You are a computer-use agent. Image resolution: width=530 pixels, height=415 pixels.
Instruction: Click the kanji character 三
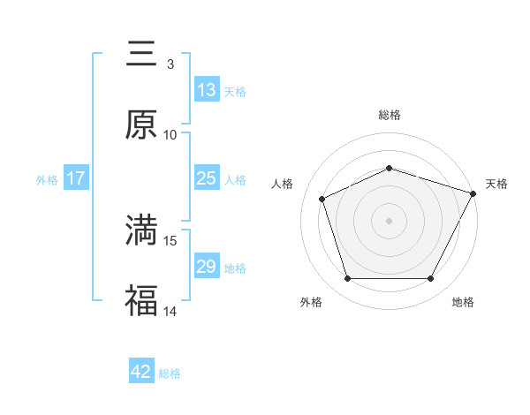point(141,54)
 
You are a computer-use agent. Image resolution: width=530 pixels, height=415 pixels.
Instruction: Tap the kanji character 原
point(141,124)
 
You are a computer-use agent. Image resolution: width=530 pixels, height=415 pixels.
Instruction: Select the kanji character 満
point(141,230)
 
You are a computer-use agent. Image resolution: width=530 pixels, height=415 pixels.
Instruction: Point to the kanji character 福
point(141,300)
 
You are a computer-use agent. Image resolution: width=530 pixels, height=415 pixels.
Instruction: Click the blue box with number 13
point(207,90)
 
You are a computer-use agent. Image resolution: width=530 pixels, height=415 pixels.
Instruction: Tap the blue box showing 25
point(207,178)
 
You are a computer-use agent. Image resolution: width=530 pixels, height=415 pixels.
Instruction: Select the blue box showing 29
point(207,267)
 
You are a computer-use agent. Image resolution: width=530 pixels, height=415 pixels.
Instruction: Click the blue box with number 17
point(76,178)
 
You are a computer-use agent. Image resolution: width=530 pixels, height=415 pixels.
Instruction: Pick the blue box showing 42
point(141,372)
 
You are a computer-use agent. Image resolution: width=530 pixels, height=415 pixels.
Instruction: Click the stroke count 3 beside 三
point(170,64)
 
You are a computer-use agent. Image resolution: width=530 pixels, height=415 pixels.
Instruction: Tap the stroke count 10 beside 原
point(170,135)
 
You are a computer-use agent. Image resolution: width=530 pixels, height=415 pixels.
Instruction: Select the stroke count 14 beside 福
point(170,311)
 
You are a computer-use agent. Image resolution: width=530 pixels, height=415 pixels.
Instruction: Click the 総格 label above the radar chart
point(390,115)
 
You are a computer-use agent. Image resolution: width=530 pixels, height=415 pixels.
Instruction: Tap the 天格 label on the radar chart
point(496,184)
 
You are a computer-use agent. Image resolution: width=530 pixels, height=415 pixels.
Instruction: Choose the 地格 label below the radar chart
point(463,302)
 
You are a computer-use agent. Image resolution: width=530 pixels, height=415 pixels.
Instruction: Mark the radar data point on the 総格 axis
point(390,168)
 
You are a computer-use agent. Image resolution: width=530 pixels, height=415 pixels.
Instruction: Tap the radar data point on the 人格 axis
point(322,198)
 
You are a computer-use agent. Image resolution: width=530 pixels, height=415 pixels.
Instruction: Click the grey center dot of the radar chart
point(390,220)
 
